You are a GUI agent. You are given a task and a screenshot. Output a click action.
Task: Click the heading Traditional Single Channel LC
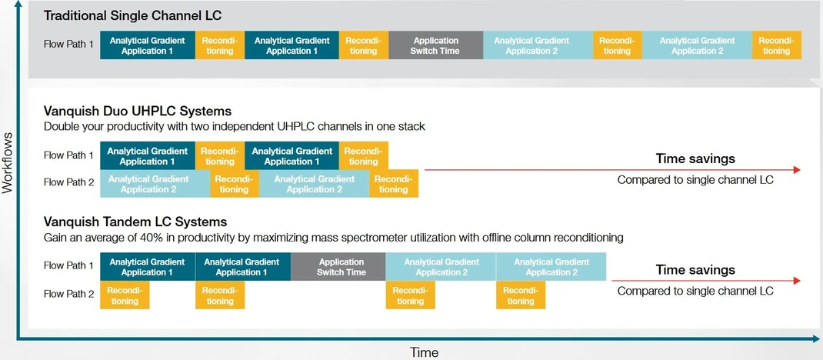pos(133,15)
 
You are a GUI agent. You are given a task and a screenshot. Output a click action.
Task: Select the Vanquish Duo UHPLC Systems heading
pos(138,112)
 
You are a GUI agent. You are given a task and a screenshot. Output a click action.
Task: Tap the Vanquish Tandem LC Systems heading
pos(135,222)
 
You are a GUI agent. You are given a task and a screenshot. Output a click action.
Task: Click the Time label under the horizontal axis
pos(423,352)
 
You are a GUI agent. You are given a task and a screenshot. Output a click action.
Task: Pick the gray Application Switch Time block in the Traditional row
pos(435,45)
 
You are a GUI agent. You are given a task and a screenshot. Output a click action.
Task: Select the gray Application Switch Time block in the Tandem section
pos(338,267)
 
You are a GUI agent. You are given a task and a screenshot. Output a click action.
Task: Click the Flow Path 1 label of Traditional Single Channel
pos(68,44)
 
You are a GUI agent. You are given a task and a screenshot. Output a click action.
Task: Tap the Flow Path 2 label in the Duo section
pos(68,182)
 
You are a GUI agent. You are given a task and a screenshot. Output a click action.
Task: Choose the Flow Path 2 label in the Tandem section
pos(68,293)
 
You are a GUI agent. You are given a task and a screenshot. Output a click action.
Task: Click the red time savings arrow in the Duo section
pos(611,170)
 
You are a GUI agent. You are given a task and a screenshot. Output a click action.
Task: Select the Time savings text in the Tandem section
pos(695,269)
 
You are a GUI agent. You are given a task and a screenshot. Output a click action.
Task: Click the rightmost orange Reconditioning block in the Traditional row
pos(776,45)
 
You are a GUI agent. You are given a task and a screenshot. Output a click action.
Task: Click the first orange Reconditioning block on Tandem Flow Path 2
pos(125,295)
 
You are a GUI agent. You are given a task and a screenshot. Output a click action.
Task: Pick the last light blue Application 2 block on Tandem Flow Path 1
pos(551,267)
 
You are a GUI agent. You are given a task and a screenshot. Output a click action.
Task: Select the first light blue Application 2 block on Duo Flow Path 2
pos(155,184)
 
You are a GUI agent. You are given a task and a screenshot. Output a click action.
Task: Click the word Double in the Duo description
pos(62,126)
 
